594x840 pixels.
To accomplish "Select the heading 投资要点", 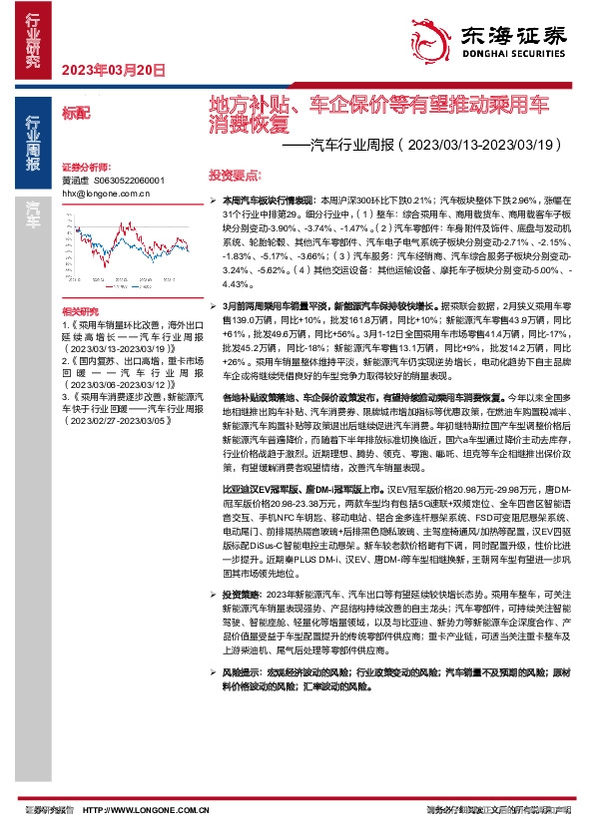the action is [x=235, y=172].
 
